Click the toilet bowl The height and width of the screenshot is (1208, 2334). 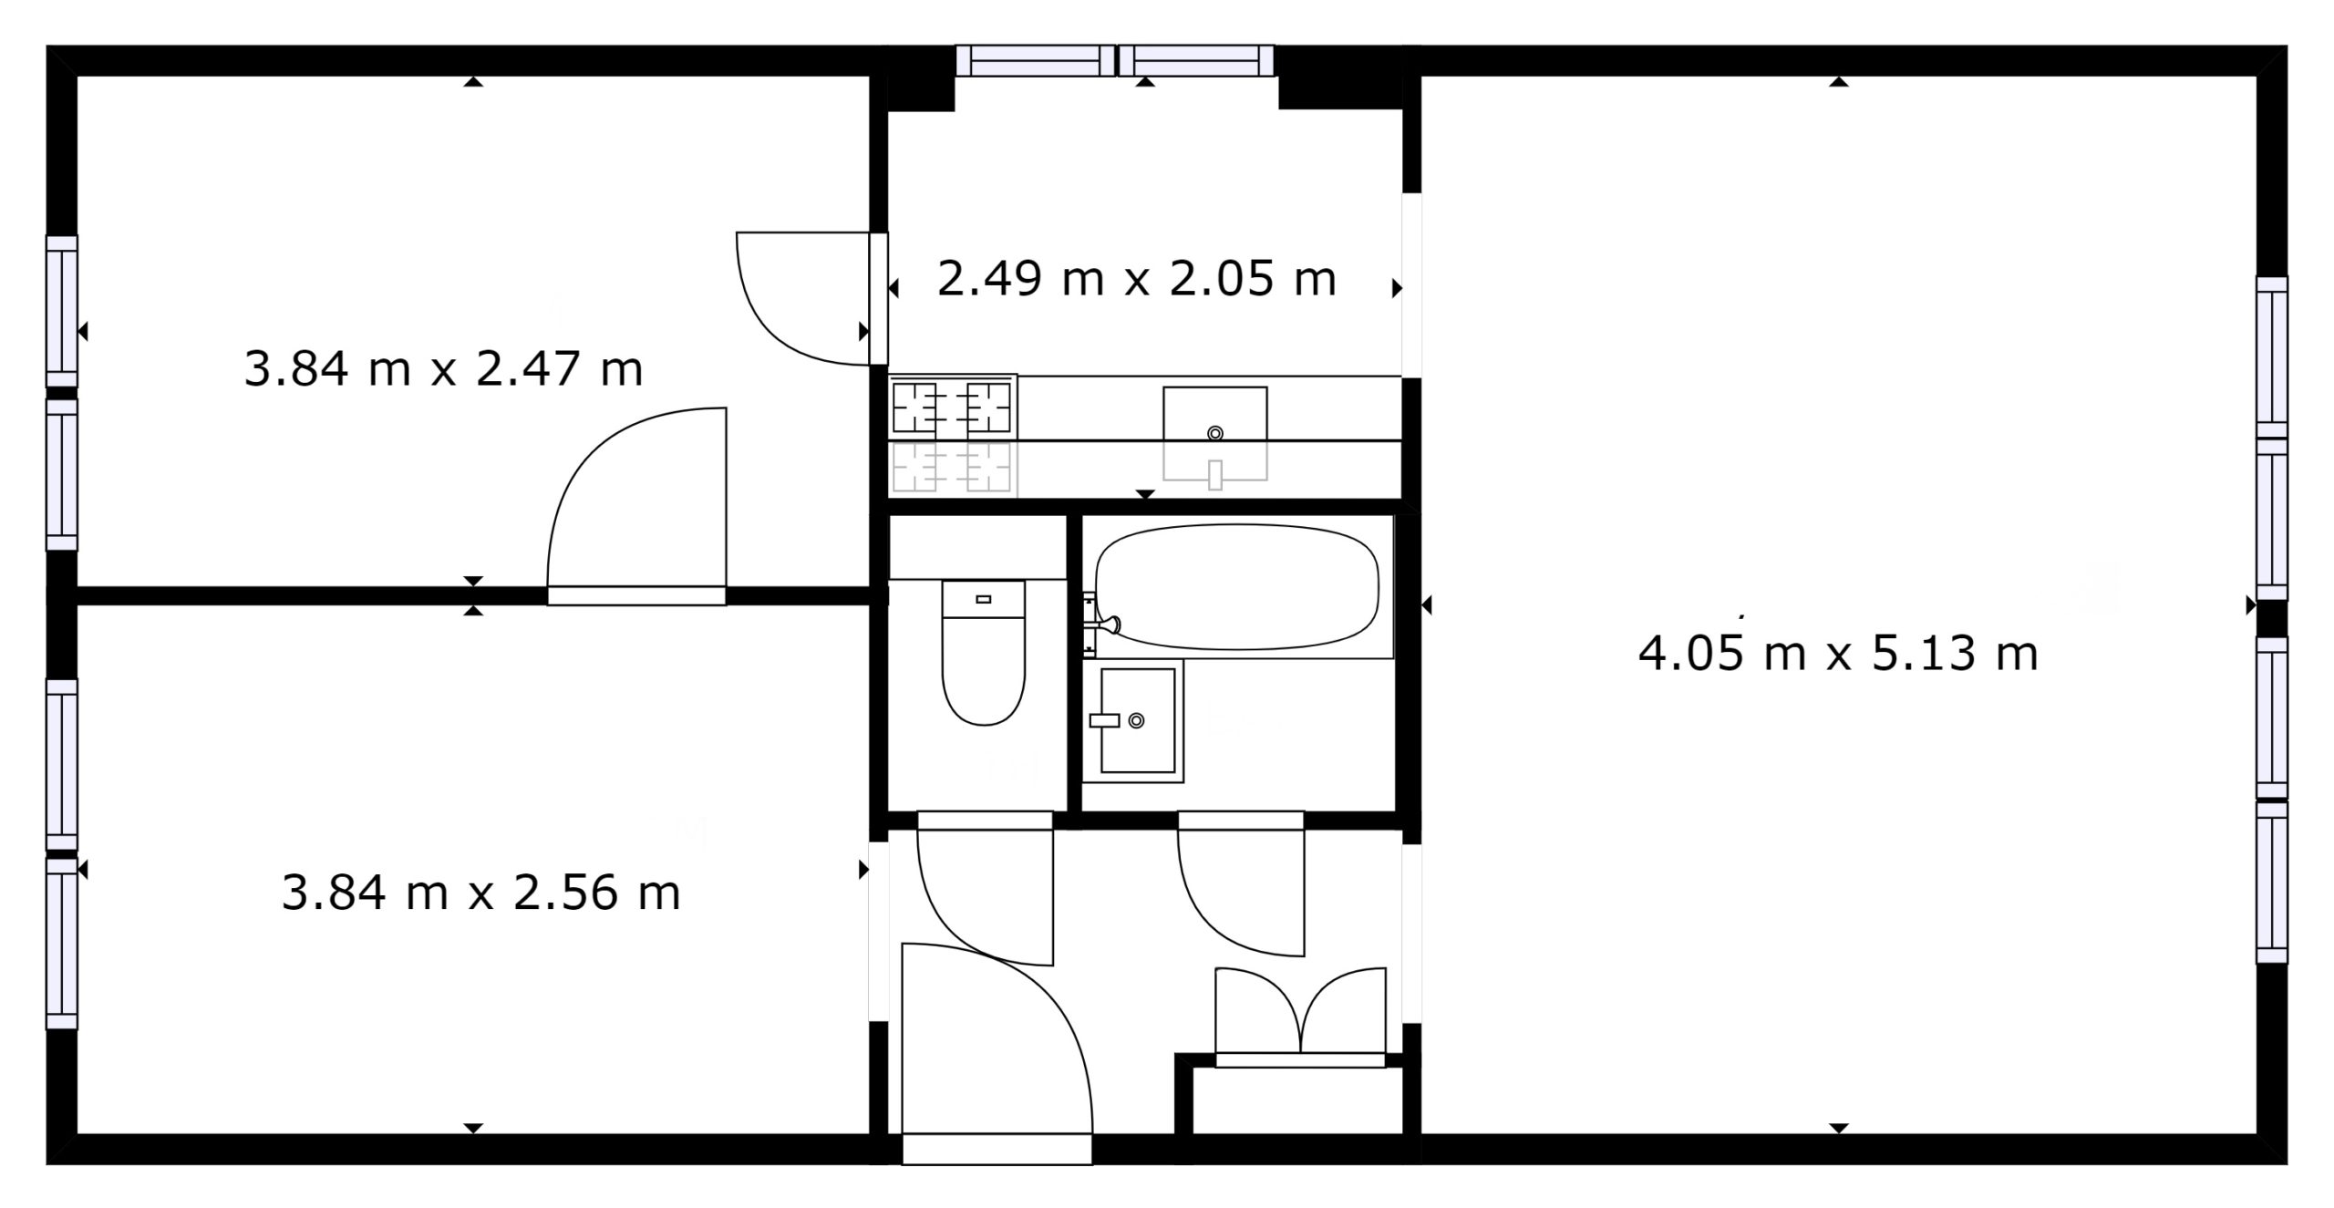tap(983, 671)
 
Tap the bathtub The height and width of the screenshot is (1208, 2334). tap(1237, 589)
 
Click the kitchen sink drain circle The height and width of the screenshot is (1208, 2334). tap(1214, 434)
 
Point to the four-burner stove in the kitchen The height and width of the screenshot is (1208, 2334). tap(952, 408)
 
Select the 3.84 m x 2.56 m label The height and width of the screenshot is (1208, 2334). tap(480, 893)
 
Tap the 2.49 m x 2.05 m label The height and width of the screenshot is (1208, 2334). tap(1137, 279)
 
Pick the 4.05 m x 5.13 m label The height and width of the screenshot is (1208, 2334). tap(1838, 654)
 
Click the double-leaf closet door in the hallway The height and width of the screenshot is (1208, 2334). tap(1301, 1017)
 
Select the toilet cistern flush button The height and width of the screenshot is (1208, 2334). tap(983, 599)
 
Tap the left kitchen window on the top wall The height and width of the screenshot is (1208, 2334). tap(1036, 61)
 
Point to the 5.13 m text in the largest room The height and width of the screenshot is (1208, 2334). tap(1956, 654)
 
